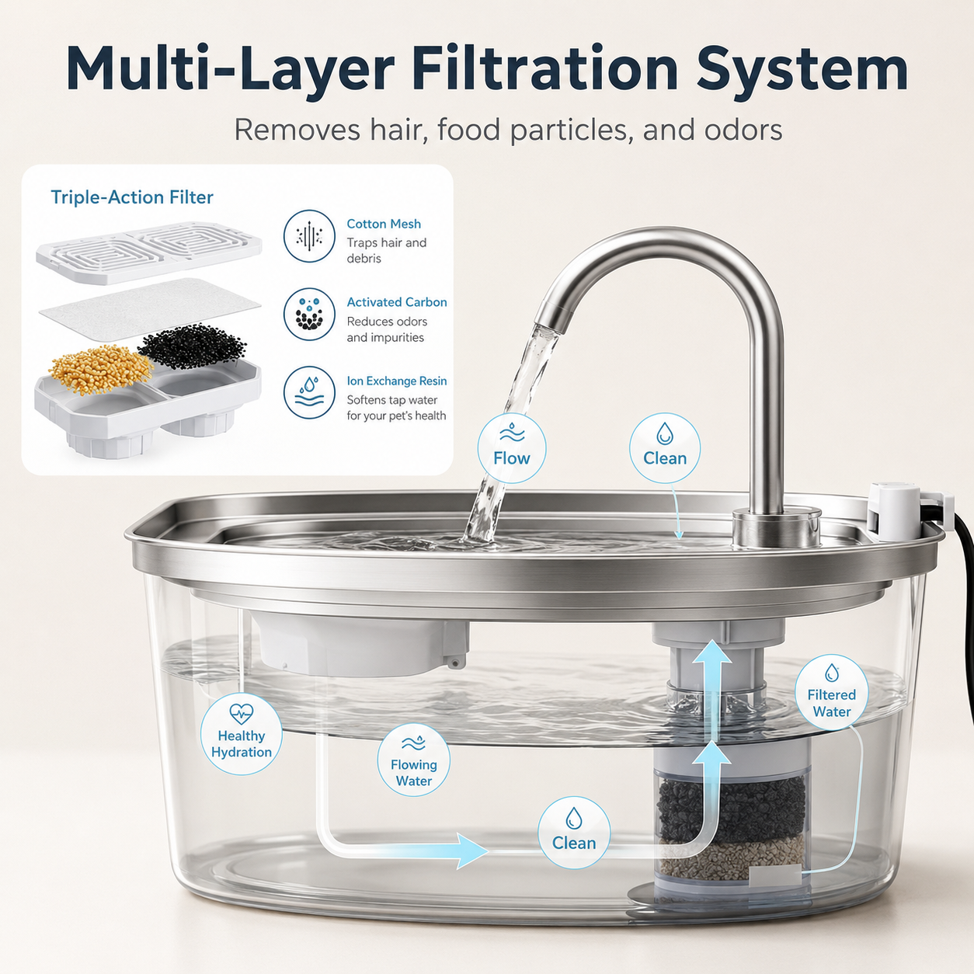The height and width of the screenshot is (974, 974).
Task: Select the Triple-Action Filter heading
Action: click(x=132, y=197)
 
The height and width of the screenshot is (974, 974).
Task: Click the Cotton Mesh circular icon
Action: click(x=309, y=236)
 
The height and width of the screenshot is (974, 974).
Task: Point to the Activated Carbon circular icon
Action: click(x=309, y=315)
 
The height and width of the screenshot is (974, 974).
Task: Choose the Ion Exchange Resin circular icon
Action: click(x=309, y=393)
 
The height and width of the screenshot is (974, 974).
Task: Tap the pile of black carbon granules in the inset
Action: click(x=192, y=346)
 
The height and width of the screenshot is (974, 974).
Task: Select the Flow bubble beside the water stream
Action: click(x=512, y=448)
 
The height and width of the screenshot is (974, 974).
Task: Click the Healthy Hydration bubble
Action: click(x=241, y=734)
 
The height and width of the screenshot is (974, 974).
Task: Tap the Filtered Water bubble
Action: click(x=831, y=693)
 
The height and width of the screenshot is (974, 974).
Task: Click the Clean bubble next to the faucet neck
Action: click(x=665, y=448)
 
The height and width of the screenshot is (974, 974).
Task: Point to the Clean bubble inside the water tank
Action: click(x=574, y=833)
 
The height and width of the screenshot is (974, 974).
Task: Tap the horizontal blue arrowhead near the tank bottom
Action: click(x=471, y=851)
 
